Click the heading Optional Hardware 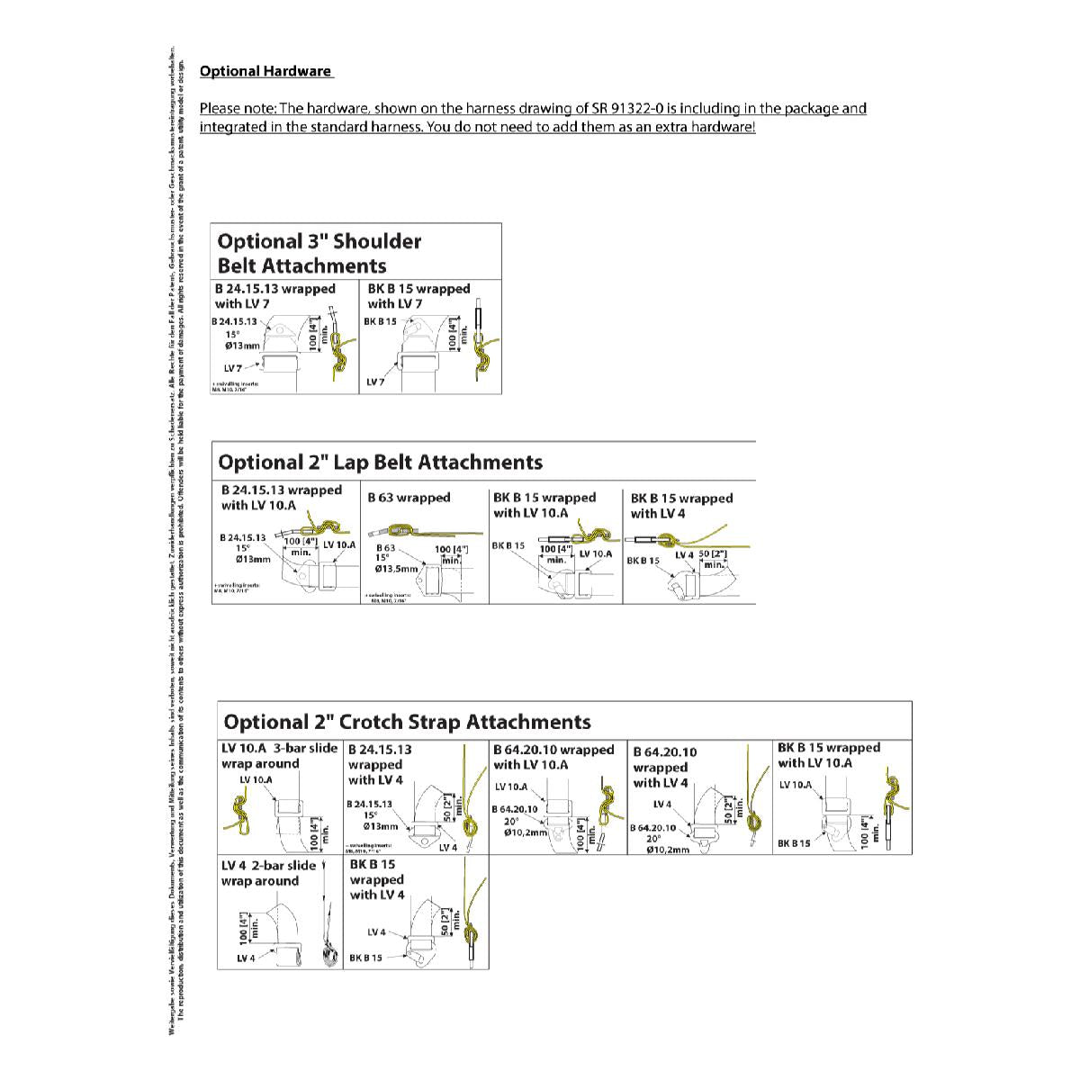(x=265, y=71)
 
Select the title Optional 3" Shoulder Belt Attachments (x=319, y=253)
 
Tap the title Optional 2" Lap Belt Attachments (x=381, y=463)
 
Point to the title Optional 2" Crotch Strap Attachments (x=407, y=722)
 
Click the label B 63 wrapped (x=409, y=497)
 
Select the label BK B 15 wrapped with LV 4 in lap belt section (x=681, y=506)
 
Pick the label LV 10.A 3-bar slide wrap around (x=279, y=756)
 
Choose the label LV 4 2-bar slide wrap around (x=268, y=873)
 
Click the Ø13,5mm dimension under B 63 (x=397, y=569)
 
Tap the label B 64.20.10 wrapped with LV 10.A (x=553, y=757)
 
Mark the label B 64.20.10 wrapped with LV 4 (x=664, y=767)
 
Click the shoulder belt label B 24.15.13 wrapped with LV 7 (x=275, y=296)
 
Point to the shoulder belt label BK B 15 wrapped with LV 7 (x=418, y=296)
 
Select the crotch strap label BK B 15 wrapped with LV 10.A (x=829, y=755)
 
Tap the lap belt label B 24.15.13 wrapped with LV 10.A (x=282, y=498)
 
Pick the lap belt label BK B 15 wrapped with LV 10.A (x=544, y=505)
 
